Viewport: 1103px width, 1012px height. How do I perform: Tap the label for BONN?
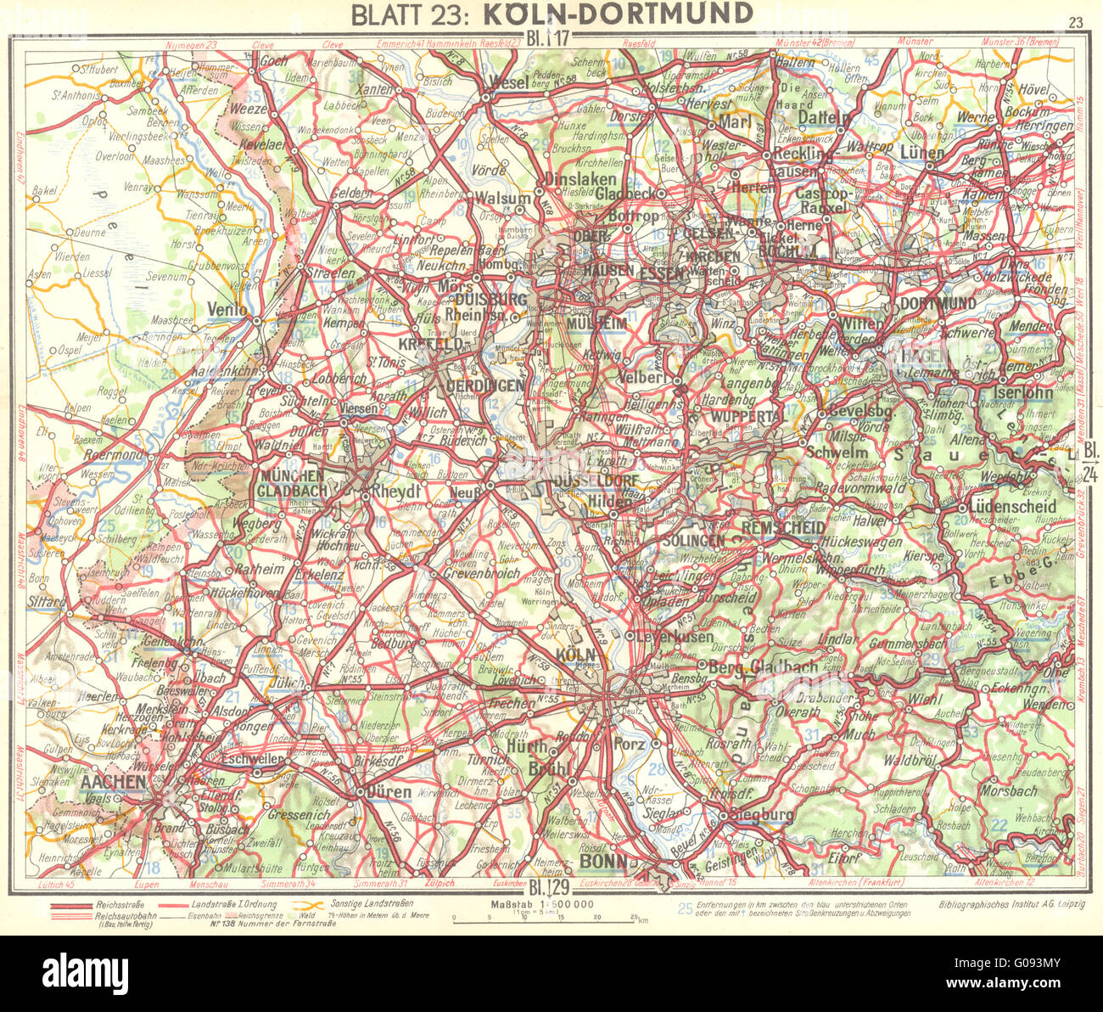[x=604, y=862]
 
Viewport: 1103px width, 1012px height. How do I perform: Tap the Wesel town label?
[x=510, y=82]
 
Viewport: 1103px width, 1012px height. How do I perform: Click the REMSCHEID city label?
[x=783, y=528]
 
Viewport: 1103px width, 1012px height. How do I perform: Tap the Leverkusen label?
[x=671, y=636]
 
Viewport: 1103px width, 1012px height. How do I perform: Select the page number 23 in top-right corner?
[x=1077, y=23]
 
